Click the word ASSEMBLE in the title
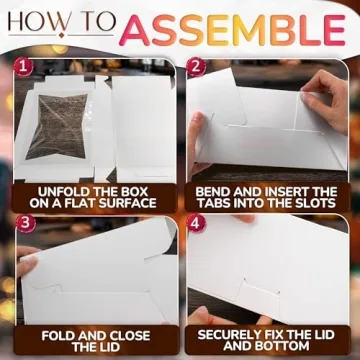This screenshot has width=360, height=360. pos(234,31)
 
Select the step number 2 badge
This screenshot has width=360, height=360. pos(198,71)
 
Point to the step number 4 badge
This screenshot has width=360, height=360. pos(198,224)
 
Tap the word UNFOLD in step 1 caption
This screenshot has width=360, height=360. pos(56,187)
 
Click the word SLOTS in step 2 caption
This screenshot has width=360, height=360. pos(310,202)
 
